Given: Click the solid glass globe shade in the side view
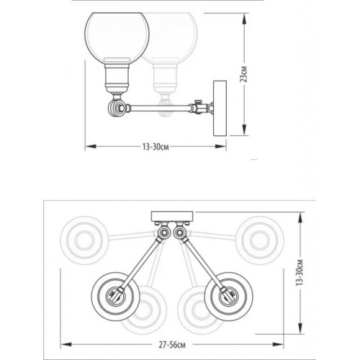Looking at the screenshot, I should pos(117,37).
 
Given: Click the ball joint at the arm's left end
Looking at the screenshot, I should pos(114,109).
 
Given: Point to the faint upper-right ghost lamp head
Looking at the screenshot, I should pos(258,237).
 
